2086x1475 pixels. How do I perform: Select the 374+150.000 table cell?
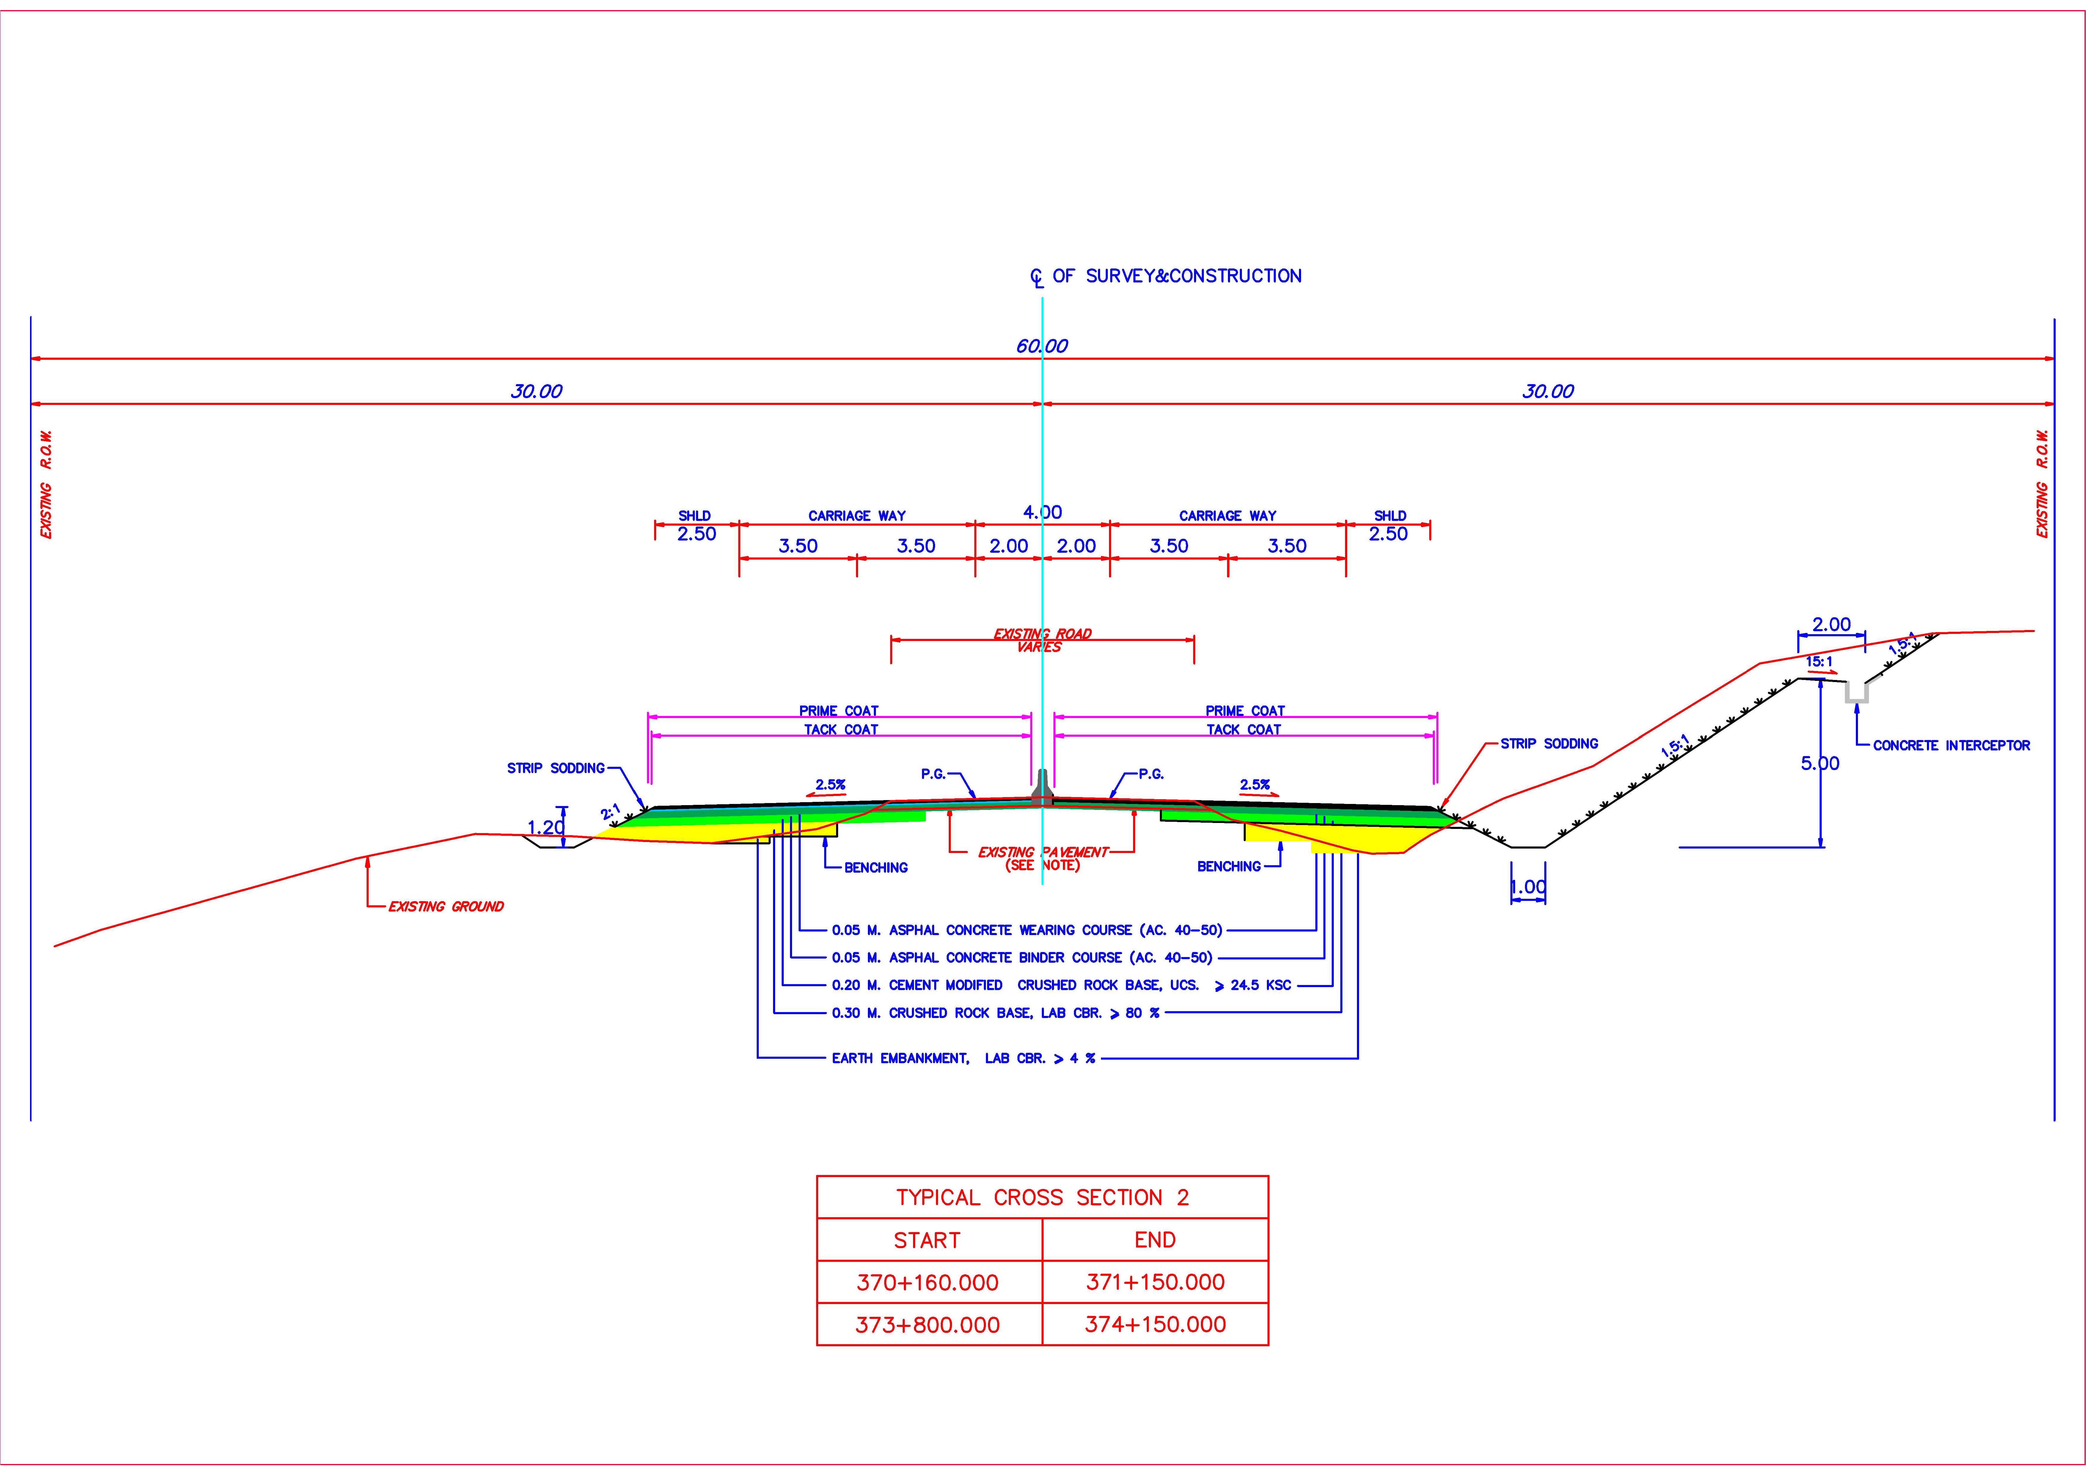click(x=1155, y=1324)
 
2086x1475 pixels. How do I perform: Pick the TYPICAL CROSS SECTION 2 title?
click(x=1042, y=1197)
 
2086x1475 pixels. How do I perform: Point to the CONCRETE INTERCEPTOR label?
click(x=1951, y=745)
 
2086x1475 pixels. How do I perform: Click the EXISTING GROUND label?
click(x=445, y=906)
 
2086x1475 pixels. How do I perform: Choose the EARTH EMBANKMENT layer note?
click(x=963, y=1058)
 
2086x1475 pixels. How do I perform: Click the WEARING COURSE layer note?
click(x=1027, y=930)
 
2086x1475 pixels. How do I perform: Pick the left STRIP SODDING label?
click(x=555, y=768)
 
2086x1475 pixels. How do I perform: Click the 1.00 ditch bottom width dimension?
click(x=1527, y=887)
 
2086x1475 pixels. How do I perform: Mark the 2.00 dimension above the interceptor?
click(x=1831, y=624)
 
